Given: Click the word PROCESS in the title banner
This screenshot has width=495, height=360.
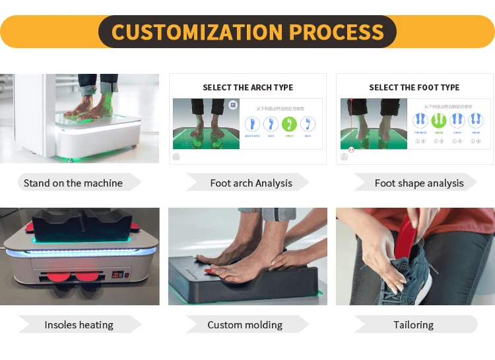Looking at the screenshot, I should (x=337, y=32).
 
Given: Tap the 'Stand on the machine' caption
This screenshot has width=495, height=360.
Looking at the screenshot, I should (x=73, y=183).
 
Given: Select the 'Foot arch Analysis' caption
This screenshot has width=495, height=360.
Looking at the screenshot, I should (x=251, y=183).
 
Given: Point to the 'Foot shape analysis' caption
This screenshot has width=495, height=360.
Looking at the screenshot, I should (x=419, y=183).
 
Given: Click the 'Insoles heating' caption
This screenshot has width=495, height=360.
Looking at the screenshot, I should (x=79, y=324).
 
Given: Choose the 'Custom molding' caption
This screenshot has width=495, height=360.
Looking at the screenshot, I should (x=245, y=324).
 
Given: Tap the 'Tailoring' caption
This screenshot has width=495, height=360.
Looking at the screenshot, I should (x=413, y=324).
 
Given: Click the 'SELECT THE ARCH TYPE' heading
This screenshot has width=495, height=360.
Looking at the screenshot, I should (x=247, y=87).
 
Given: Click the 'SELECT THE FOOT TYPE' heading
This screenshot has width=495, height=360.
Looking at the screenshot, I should (x=414, y=87).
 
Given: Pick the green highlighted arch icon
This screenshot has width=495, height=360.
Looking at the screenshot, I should (x=289, y=123).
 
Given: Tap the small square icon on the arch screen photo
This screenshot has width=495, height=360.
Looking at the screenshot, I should (x=233, y=105).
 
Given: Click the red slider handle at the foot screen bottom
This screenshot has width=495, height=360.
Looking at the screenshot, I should (x=351, y=150).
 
